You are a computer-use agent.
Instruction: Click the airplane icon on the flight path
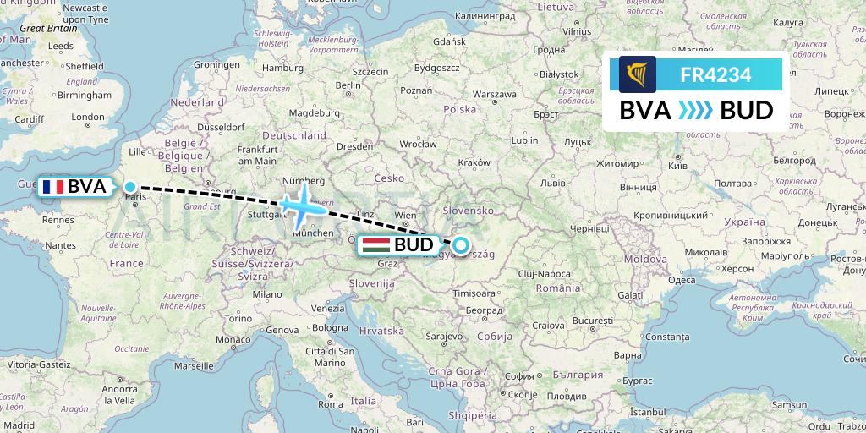point(300,203)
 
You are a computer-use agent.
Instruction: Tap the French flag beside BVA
point(54,187)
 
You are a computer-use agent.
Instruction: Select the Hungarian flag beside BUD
point(375,245)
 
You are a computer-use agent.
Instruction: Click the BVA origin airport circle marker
point(130,187)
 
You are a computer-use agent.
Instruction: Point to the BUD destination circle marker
point(460,245)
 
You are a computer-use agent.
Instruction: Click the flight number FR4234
point(715,74)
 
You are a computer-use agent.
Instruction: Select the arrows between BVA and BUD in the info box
point(696,111)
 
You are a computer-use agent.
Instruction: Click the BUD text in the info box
point(746,111)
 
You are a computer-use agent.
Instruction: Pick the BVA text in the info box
point(646,111)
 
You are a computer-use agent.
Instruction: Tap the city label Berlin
point(348,85)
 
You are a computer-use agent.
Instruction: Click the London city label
point(88,118)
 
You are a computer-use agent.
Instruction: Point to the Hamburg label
point(277,68)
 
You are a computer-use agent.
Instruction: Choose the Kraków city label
point(473,162)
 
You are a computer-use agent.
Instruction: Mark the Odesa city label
point(682,280)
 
